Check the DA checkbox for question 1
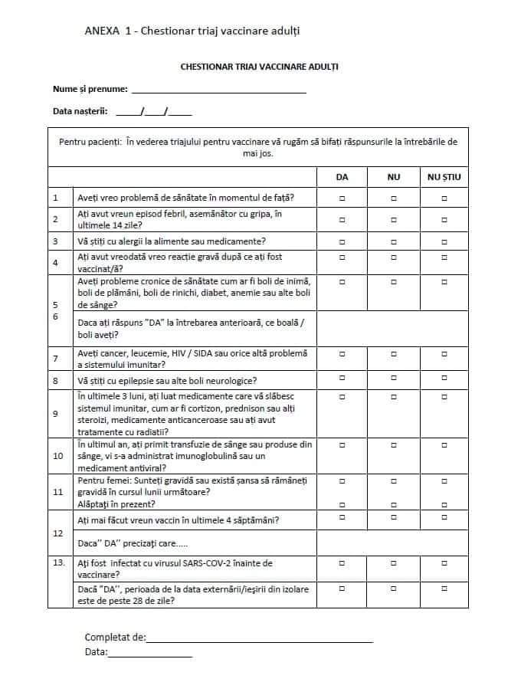(x=342, y=198)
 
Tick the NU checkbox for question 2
(x=394, y=219)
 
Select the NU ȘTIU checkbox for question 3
(x=444, y=241)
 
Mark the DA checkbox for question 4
(x=342, y=257)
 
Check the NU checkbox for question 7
(x=394, y=354)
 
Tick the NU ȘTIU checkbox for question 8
(x=444, y=380)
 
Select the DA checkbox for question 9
(x=342, y=397)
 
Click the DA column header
(x=342, y=177)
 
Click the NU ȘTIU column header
(x=444, y=177)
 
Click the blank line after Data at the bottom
(x=150, y=654)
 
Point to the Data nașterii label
(x=80, y=111)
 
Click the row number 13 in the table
(x=57, y=563)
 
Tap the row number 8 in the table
(x=55, y=380)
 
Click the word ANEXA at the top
(x=102, y=31)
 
